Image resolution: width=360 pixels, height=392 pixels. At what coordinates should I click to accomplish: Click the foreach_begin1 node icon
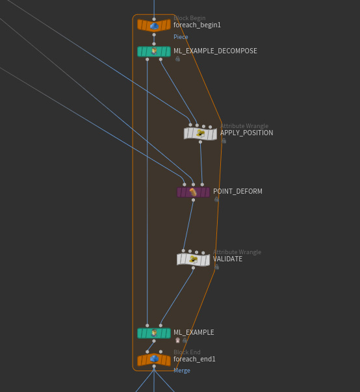point(154,25)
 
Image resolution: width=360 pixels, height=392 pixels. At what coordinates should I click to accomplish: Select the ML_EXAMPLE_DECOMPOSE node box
point(154,51)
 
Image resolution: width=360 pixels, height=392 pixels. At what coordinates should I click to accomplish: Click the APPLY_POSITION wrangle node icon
point(200,133)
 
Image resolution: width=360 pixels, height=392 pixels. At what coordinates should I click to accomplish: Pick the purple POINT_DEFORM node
point(194,192)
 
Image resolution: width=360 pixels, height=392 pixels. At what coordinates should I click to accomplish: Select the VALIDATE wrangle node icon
point(194,259)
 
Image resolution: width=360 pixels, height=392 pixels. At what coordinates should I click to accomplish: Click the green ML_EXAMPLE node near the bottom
point(154,333)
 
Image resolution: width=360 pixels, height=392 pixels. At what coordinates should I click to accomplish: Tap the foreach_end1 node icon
point(154,359)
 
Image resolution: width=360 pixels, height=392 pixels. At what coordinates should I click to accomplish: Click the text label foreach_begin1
point(197,25)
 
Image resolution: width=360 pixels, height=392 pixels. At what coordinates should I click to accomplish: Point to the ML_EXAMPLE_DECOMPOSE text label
point(215,51)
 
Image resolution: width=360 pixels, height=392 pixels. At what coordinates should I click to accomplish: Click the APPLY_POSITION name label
point(246,133)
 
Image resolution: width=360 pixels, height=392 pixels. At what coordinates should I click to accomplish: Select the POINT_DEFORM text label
point(238,191)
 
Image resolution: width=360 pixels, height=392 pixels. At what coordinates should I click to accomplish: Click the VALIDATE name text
point(227,259)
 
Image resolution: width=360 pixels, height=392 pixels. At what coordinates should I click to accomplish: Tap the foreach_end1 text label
point(194,359)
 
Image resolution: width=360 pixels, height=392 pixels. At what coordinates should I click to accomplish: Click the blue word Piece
point(181,37)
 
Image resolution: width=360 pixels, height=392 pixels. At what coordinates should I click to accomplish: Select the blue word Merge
point(182,371)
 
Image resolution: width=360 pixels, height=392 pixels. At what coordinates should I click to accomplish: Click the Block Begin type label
point(190,18)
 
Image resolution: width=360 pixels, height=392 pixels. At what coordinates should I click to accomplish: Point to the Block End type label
point(187,352)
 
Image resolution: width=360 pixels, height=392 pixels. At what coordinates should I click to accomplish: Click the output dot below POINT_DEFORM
point(194,200)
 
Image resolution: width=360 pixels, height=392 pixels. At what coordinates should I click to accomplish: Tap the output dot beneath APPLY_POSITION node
point(200,142)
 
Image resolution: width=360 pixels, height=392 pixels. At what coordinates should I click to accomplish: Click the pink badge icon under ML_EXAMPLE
point(177,340)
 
